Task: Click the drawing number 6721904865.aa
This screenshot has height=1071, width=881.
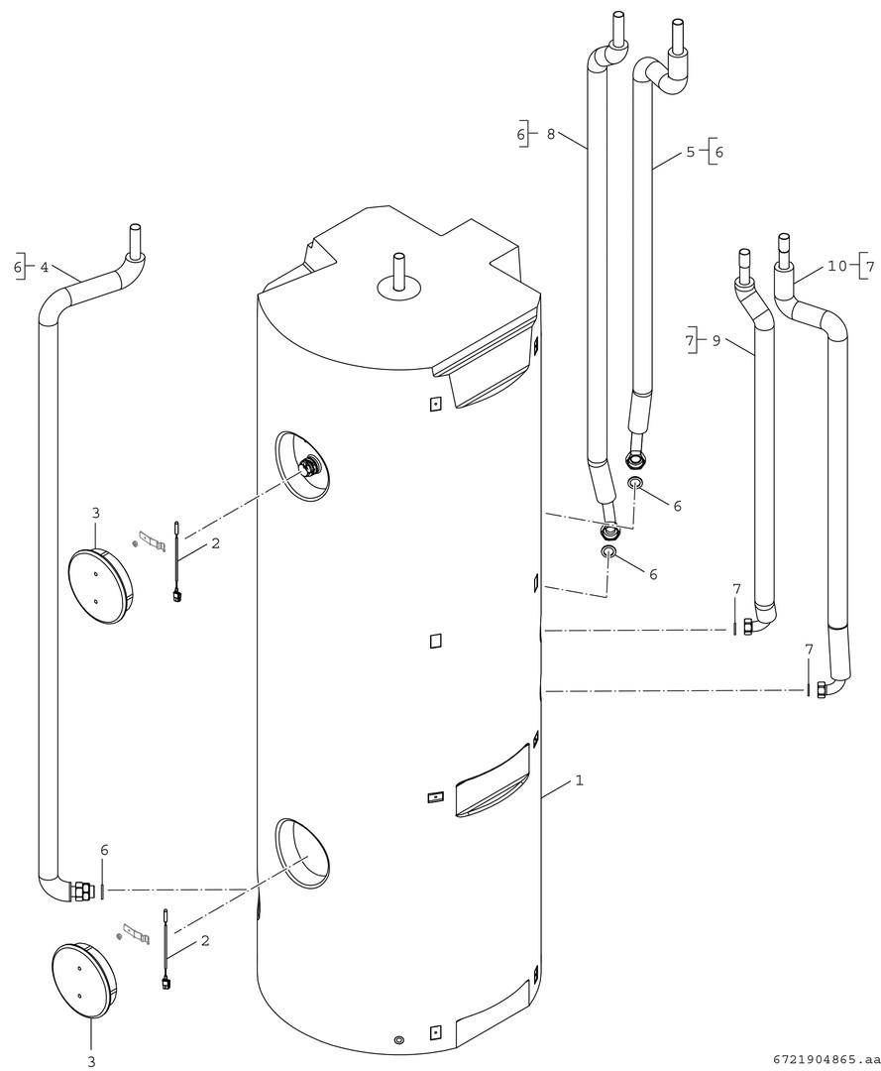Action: (822, 1058)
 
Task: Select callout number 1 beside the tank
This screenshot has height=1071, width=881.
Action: (579, 780)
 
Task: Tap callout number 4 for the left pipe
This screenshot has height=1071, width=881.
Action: (44, 267)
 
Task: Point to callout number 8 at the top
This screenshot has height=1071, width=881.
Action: (551, 134)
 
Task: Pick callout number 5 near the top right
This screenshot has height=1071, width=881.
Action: (690, 152)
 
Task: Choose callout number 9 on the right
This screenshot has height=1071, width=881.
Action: (716, 340)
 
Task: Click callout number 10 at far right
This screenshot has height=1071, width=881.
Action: (837, 267)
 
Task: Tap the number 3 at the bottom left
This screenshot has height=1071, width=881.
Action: (91, 1061)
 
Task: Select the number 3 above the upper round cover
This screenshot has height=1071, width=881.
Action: (95, 513)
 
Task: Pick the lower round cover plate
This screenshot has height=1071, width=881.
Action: (83, 980)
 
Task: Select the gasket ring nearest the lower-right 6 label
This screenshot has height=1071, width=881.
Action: (608, 552)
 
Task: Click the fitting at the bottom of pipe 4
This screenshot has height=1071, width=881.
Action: (80, 890)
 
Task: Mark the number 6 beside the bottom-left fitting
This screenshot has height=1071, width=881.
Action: (104, 850)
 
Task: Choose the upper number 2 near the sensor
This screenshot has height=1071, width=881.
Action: (214, 544)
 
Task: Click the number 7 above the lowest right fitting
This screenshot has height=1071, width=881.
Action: (809, 649)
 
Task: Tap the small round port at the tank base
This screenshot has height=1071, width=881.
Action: (398, 1040)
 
